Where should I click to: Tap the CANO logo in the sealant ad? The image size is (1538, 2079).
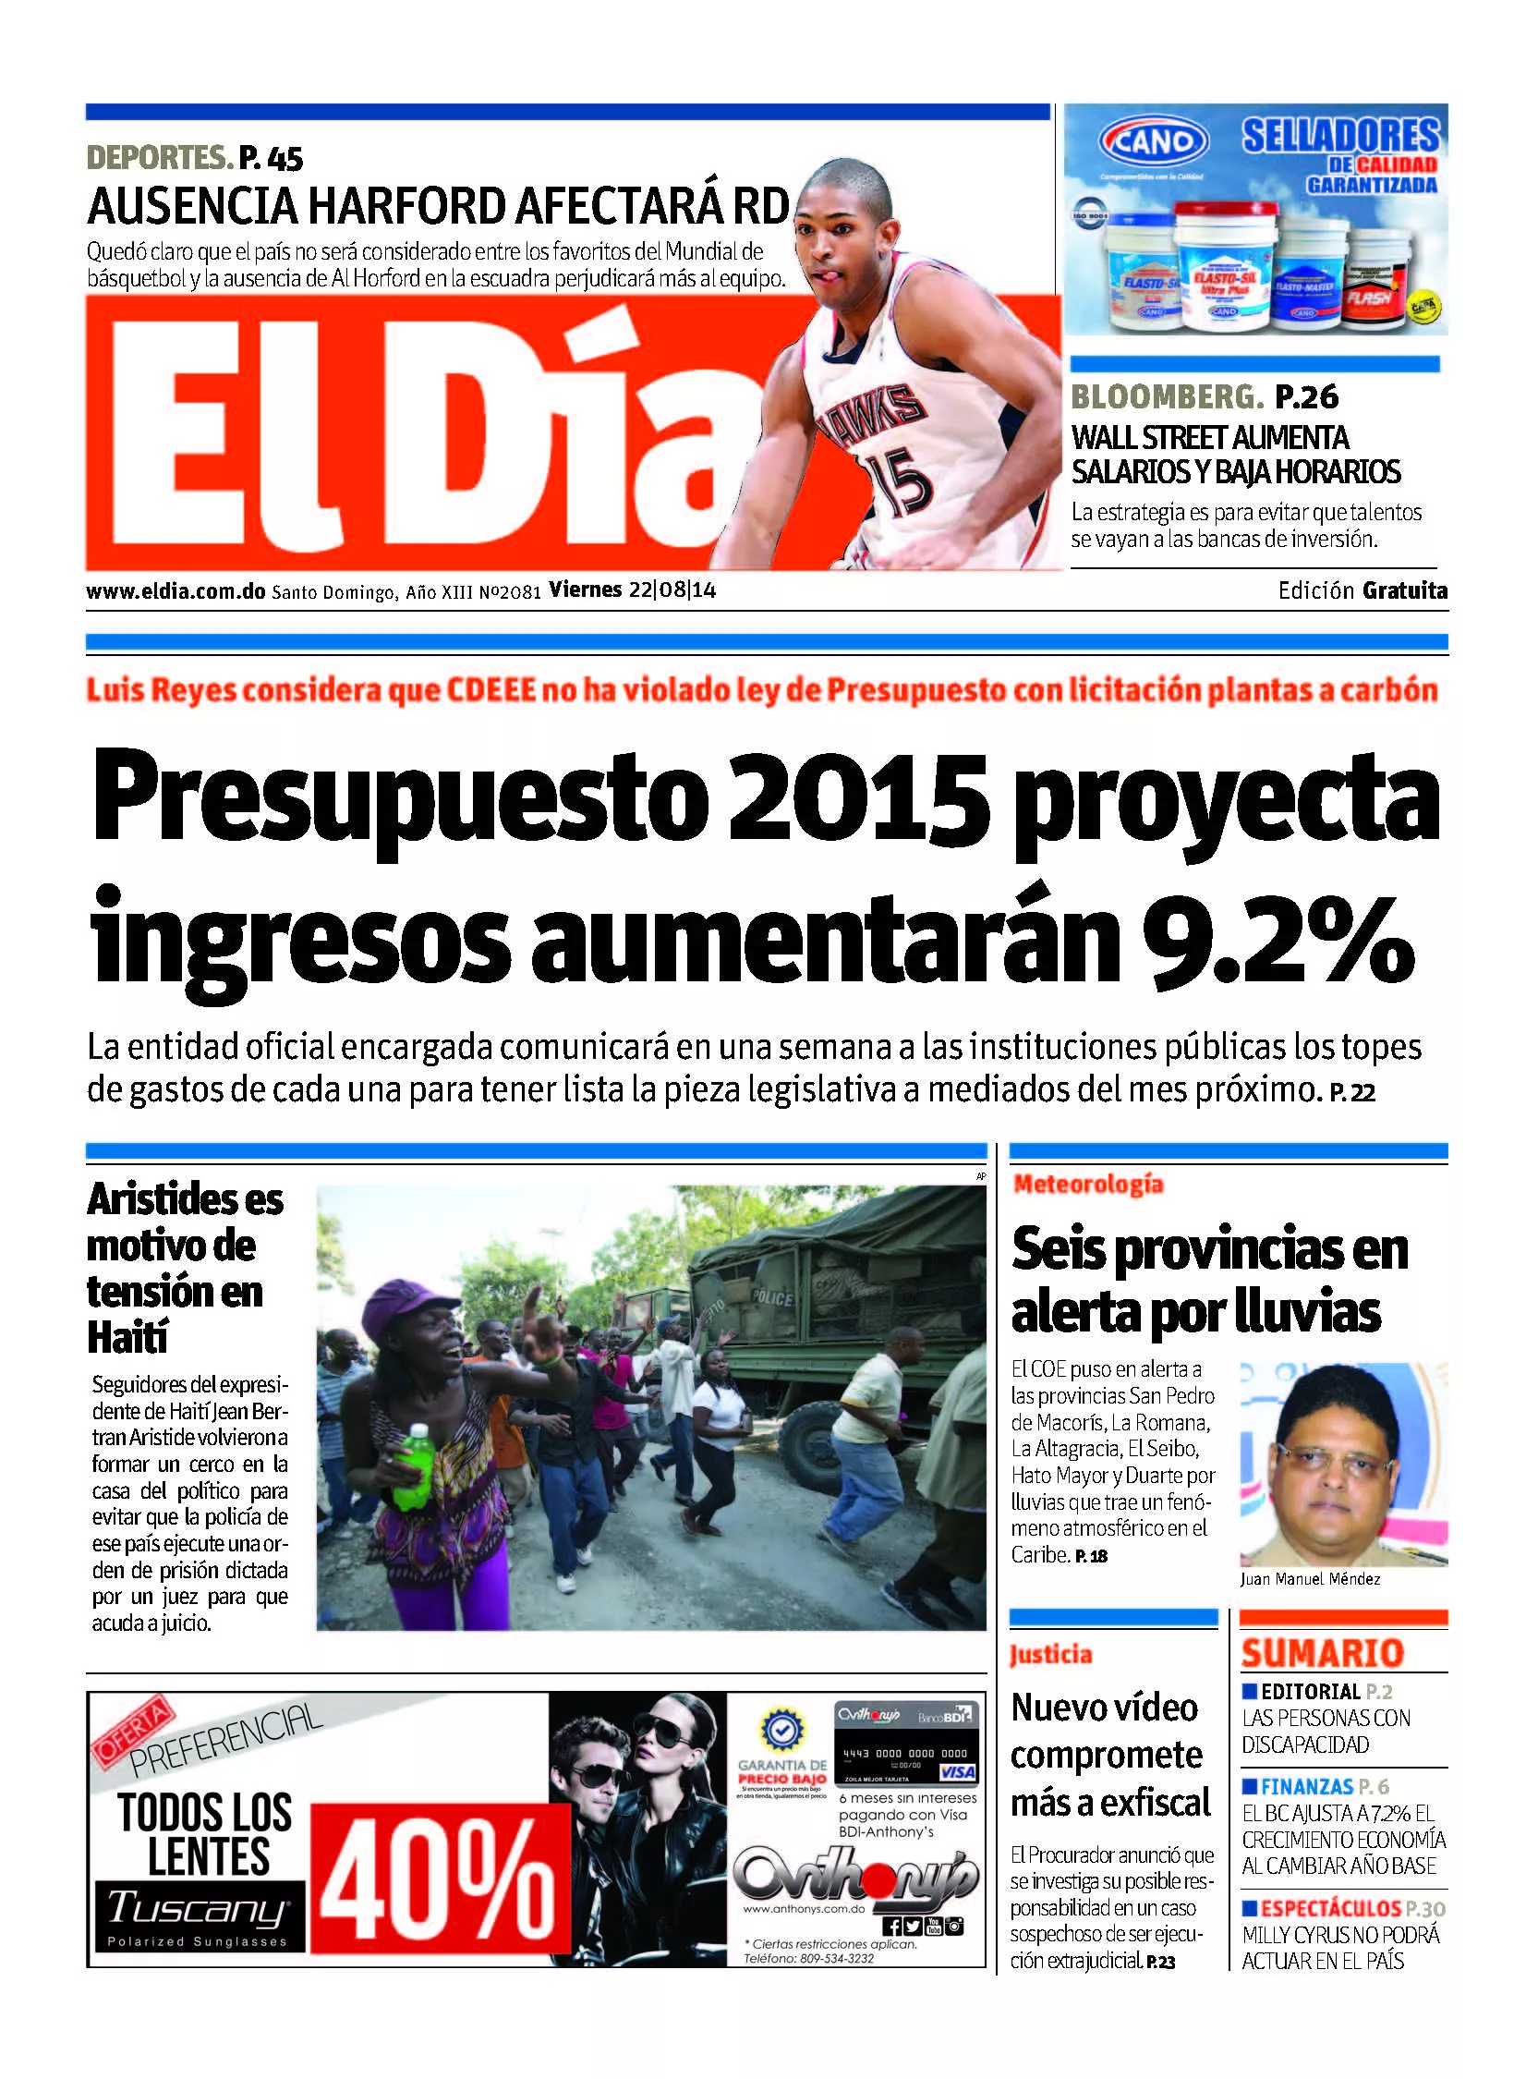pyautogui.click(x=1154, y=142)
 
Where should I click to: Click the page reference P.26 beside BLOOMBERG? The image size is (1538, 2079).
pyautogui.click(x=1306, y=397)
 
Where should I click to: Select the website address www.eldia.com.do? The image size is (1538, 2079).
pyautogui.click(x=176, y=591)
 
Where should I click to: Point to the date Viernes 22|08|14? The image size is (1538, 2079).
pyautogui.click(x=632, y=590)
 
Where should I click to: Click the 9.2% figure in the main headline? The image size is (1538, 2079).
pyautogui.click(x=1277, y=938)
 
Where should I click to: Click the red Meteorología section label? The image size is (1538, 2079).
pyautogui.click(x=1087, y=1185)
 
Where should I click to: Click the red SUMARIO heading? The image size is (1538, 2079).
pyautogui.click(x=1322, y=1654)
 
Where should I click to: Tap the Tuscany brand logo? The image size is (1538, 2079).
pyautogui.click(x=198, y=1907)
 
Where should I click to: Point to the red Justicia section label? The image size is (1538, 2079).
pyautogui.click(x=1050, y=1655)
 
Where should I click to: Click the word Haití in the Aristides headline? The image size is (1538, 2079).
pyautogui.click(x=127, y=1338)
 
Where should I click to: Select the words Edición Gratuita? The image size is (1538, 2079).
pyautogui.click(x=1362, y=590)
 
